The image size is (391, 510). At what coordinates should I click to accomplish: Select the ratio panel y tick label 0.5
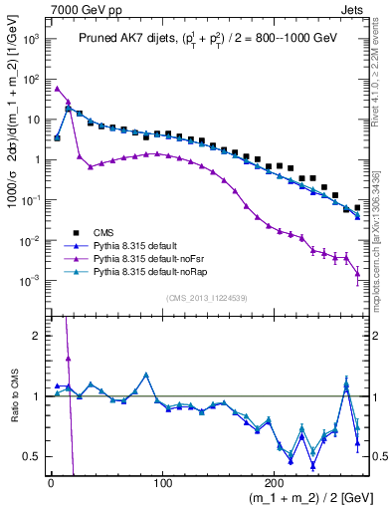coord(31,456)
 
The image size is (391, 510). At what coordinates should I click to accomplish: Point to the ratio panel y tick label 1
coord(35,396)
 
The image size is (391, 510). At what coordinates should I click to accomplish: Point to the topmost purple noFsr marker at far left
coord(58,88)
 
